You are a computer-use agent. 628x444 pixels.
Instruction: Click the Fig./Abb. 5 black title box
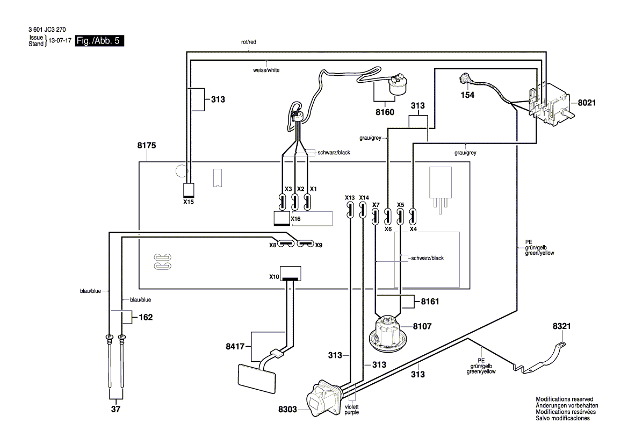(100, 41)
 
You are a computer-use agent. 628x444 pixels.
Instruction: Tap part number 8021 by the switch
(587, 103)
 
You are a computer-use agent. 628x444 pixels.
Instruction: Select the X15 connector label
(189, 202)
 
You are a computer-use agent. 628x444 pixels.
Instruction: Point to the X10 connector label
(274, 276)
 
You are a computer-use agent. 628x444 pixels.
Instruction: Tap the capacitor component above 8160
(396, 85)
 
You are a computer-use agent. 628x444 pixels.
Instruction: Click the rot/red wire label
(249, 42)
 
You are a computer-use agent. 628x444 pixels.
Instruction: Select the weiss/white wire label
(266, 70)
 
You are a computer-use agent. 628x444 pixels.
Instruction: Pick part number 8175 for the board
(147, 146)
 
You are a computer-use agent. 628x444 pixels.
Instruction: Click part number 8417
(235, 347)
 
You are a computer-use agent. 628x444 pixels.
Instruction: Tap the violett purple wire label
(352, 410)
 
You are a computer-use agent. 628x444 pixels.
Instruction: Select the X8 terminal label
(273, 245)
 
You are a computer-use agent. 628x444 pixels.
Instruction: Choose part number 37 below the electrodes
(116, 410)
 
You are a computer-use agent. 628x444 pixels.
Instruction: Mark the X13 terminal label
(350, 198)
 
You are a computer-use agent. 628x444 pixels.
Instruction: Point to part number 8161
(430, 302)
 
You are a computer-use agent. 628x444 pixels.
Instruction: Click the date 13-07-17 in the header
(60, 41)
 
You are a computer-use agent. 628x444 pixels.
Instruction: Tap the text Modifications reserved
(564, 399)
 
